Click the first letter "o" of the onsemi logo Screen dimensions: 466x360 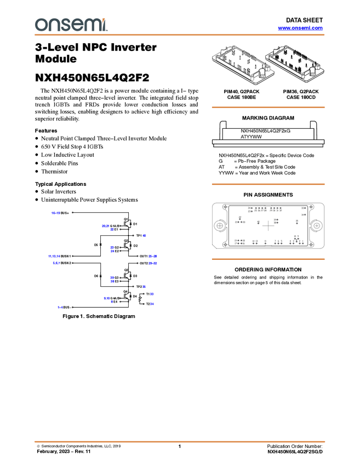(40, 25)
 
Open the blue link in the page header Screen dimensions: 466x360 (300, 28)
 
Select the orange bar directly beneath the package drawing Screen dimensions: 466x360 (268, 107)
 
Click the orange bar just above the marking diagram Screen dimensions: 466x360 (268, 184)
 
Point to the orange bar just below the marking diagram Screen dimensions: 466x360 (268, 259)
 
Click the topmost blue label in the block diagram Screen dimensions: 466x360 (55, 213)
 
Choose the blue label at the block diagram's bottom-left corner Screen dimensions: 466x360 (60, 308)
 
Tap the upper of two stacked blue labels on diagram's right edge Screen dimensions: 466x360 (153, 256)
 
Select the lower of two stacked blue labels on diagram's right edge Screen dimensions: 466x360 (153, 264)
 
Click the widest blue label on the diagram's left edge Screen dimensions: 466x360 (54, 256)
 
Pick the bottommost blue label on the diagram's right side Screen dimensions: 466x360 (153, 304)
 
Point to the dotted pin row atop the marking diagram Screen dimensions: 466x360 (267, 208)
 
